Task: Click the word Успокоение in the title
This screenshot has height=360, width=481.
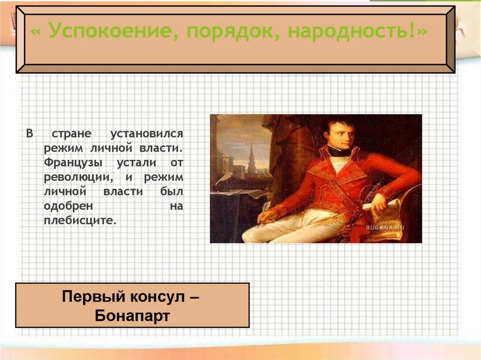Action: (109, 32)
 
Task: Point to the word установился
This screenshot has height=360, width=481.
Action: (147, 134)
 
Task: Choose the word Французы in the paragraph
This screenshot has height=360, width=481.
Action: (69, 163)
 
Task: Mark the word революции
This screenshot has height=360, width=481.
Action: (78, 177)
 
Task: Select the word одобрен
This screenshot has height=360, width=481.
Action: (69, 207)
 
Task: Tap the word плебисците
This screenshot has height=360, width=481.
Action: (80, 221)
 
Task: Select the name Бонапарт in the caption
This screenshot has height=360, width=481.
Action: (132, 315)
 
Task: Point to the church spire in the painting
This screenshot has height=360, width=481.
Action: (251, 155)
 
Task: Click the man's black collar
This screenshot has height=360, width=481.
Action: (339, 151)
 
